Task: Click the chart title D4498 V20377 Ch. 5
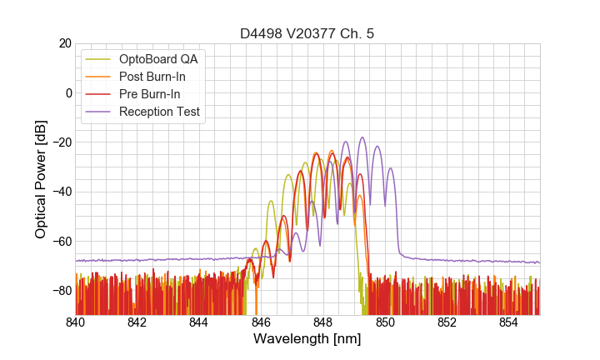(x=307, y=33)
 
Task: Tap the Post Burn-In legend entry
(x=163, y=77)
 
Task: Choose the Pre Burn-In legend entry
(x=161, y=94)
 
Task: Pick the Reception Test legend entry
(x=171, y=112)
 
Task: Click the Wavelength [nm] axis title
(x=307, y=340)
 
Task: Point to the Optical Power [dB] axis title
(x=41, y=179)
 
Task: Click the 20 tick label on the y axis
(x=65, y=43)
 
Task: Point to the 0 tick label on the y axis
(x=68, y=92)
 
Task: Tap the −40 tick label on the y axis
(x=61, y=192)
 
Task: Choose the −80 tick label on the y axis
(x=61, y=290)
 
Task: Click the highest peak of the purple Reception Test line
(x=362, y=137)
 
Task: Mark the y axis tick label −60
(x=61, y=241)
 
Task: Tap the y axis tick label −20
(x=61, y=142)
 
